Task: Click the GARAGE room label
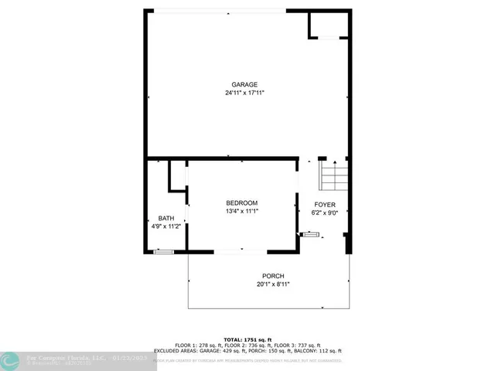(x=244, y=85)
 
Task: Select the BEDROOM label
(x=241, y=203)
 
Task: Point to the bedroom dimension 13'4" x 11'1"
(x=241, y=211)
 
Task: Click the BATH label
(x=166, y=218)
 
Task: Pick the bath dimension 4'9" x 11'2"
(x=166, y=226)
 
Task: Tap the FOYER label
(x=324, y=205)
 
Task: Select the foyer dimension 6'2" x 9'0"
(x=324, y=213)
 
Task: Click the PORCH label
(x=272, y=276)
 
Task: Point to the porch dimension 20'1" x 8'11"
(x=272, y=284)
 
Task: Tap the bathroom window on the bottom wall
(x=163, y=251)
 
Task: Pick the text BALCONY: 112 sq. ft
(x=319, y=351)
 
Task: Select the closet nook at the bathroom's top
(x=177, y=175)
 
